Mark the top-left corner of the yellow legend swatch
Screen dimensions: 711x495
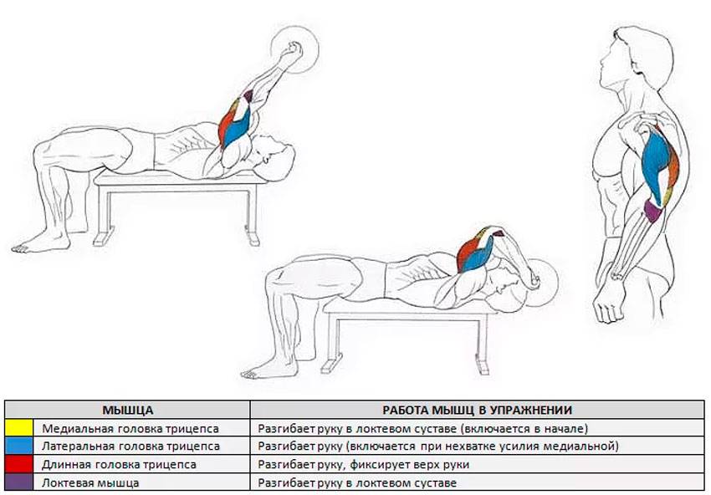(6, 419)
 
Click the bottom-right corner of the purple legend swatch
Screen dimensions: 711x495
(33, 491)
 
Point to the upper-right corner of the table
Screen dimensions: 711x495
(704, 401)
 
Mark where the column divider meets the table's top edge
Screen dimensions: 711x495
(250, 401)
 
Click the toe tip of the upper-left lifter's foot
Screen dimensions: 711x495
(13, 248)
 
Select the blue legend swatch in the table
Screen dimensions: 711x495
(19, 446)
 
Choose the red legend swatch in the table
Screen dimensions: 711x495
(19, 464)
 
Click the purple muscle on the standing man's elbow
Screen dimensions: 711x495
(653, 212)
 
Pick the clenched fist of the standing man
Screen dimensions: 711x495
(609, 306)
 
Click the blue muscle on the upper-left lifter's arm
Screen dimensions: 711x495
(237, 126)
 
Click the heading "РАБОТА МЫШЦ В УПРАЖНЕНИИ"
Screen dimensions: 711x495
(477, 411)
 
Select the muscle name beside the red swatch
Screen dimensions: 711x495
(119, 465)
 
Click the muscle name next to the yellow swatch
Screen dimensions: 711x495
(130, 428)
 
